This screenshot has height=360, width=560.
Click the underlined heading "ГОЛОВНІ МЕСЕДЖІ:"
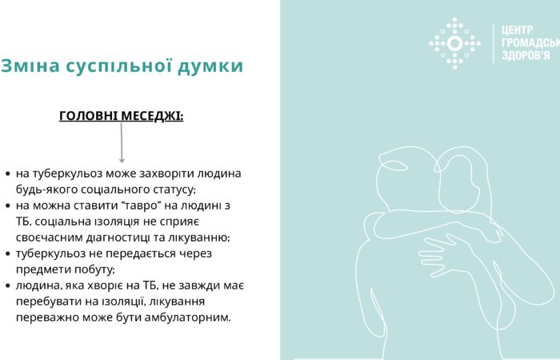click(122, 116)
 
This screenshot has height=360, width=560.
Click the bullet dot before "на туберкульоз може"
click(7, 174)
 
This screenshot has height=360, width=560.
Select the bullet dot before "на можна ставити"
click(7, 206)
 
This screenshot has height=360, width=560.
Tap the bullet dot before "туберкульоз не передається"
click(7, 254)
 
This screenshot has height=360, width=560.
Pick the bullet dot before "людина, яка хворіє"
click(7, 286)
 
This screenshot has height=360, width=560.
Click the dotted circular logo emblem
click(455, 43)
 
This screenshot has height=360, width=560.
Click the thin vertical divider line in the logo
click(493, 43)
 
